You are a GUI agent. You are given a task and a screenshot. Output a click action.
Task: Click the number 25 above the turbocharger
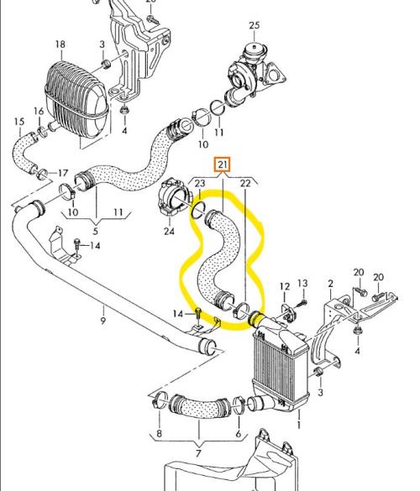[x=255, y=25]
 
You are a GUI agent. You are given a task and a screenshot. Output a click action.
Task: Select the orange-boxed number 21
[x=223, y=165]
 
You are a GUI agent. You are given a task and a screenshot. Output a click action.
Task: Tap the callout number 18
[x=60, y=44]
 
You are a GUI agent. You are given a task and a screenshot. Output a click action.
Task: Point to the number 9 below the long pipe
[x=103, y=321]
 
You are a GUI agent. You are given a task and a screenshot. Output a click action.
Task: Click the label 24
[x=169, y=232]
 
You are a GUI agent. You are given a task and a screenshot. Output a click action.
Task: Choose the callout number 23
[x=200, y=183]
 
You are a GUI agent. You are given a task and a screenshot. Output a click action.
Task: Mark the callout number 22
[x=245, y=183]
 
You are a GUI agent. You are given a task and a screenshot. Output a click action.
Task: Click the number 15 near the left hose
[x=19, y=122]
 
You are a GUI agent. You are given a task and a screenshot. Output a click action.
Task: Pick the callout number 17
[x=63, y=173]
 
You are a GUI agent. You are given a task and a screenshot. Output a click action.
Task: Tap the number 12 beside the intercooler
[x=285, y=286]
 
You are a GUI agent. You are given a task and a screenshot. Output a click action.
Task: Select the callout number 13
[x=302, y=284]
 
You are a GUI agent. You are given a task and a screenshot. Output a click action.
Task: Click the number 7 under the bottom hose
[x=198, y=453]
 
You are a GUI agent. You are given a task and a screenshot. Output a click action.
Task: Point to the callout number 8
[x=159, y=433]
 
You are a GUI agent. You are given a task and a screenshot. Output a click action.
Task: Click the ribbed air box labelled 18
[x=76, y=100]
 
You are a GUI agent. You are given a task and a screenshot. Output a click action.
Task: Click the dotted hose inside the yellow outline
[x=220, y=259]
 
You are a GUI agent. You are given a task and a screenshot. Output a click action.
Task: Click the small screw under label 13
[x=302, y=302]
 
